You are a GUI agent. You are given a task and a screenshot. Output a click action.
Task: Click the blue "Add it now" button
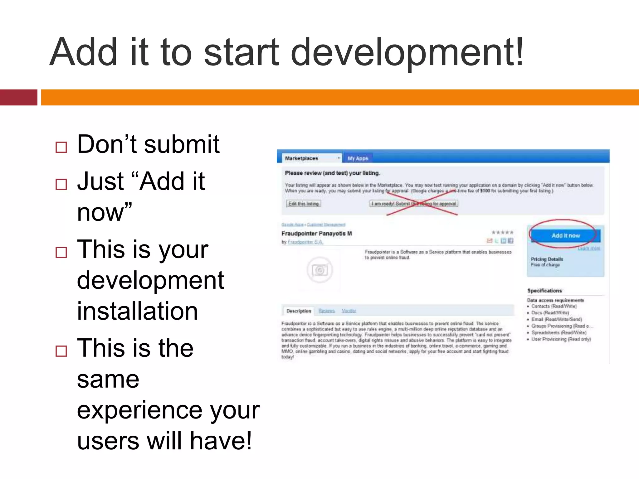565,236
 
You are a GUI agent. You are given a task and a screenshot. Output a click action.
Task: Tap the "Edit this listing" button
303,204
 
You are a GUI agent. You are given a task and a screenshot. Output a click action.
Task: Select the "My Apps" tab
358,158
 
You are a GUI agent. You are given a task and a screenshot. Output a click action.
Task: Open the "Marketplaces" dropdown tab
312,158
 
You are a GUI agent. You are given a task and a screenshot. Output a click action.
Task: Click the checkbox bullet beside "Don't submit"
61,147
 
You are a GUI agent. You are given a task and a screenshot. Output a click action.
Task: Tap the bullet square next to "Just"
61,184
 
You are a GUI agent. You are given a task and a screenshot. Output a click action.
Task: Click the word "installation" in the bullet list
137,311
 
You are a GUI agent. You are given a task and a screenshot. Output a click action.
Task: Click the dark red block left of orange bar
19,97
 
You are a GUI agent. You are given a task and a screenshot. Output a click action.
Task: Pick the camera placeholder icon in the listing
320,270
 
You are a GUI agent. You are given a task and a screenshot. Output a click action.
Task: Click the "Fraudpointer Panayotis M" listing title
317,233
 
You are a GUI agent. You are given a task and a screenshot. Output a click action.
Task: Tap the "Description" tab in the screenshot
299,311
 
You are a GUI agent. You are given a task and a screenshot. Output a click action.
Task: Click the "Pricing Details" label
547,259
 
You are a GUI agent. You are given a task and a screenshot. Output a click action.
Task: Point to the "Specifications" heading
544,291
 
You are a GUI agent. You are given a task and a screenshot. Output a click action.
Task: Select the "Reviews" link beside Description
326,311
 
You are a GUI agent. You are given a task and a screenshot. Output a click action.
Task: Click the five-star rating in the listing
502,232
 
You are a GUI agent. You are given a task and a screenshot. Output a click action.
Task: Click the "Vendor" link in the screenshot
349,311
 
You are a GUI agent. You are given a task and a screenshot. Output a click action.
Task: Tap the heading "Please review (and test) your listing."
332,173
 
